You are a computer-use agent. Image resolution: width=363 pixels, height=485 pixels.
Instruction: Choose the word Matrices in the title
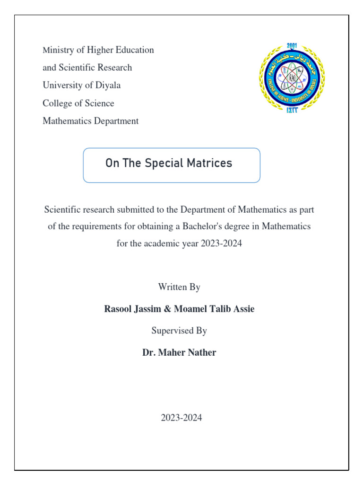point(209,163)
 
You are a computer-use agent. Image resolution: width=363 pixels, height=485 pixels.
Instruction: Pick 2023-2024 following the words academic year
point(221,244)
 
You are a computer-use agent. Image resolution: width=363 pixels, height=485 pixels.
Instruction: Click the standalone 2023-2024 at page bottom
point(181,418)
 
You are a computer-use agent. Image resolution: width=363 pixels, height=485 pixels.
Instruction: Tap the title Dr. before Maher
point(149,352)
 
